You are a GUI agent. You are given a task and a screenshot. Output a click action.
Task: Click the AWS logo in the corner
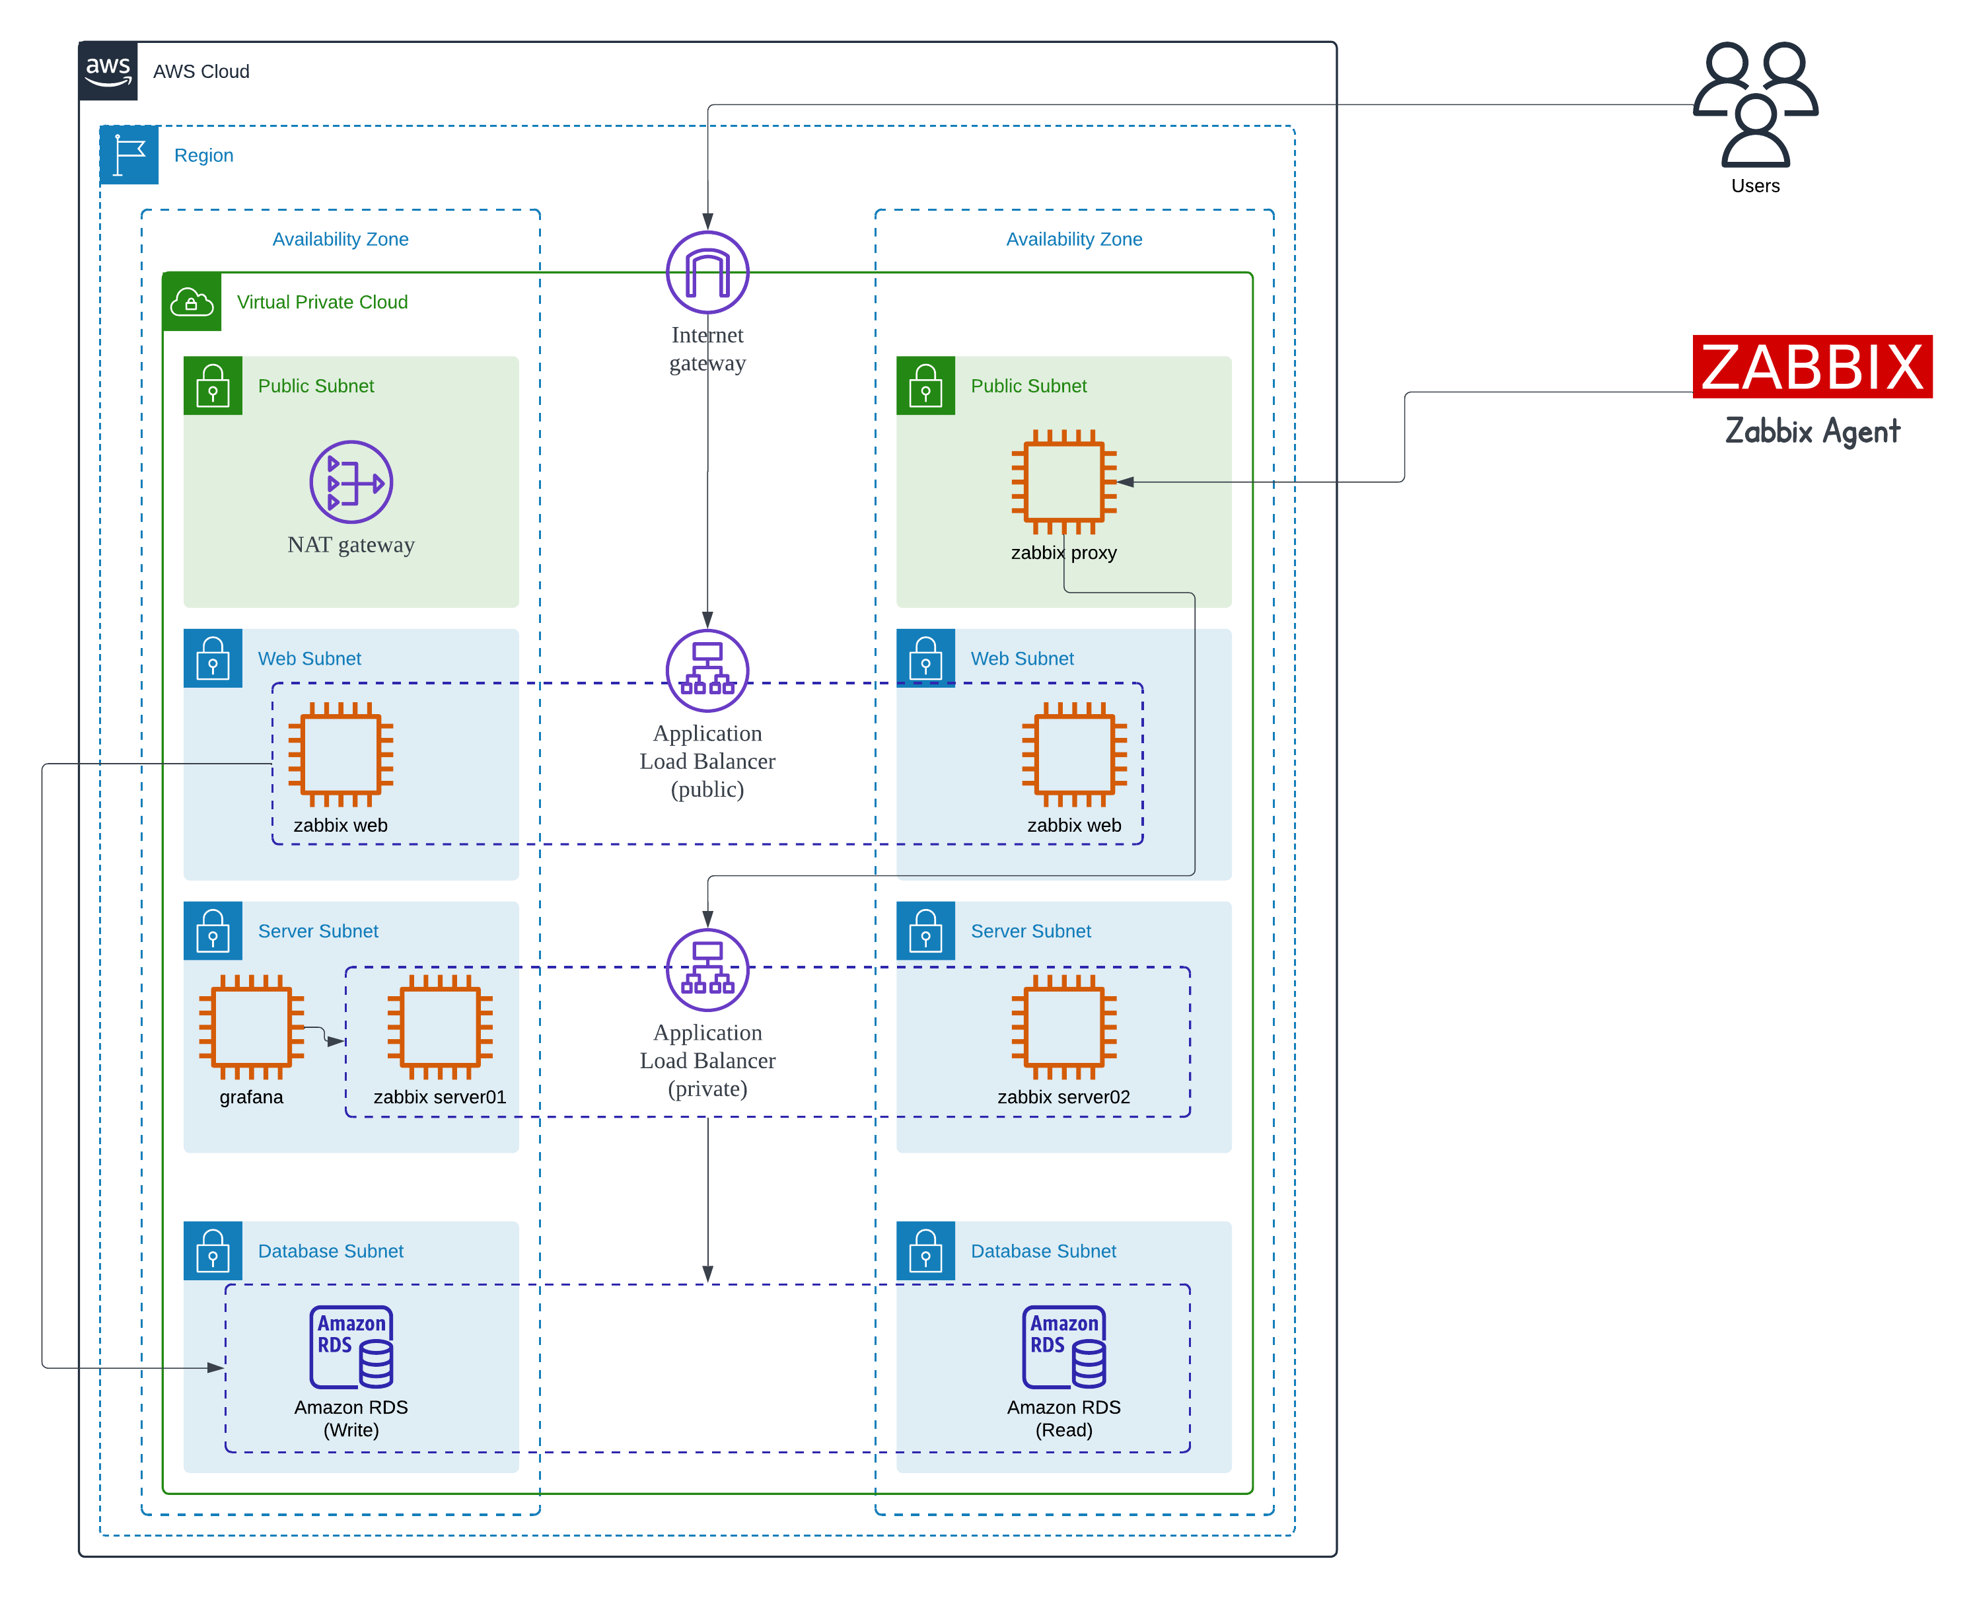point(108,70)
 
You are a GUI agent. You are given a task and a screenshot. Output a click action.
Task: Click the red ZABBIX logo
point(1811,366)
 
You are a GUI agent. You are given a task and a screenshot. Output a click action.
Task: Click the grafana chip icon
point(252,1026)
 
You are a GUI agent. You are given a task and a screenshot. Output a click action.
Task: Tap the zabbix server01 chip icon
point(440,1026)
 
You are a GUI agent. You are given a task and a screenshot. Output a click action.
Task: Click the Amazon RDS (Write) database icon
point(351,1346)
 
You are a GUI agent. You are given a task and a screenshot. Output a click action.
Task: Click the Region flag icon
point(129,155)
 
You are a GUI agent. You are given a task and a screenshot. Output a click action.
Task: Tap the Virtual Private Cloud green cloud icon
point(192,301)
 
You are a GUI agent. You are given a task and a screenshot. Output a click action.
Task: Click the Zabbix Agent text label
point(1811,431)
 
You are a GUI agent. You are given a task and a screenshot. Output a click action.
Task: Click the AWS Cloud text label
point(201,71)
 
